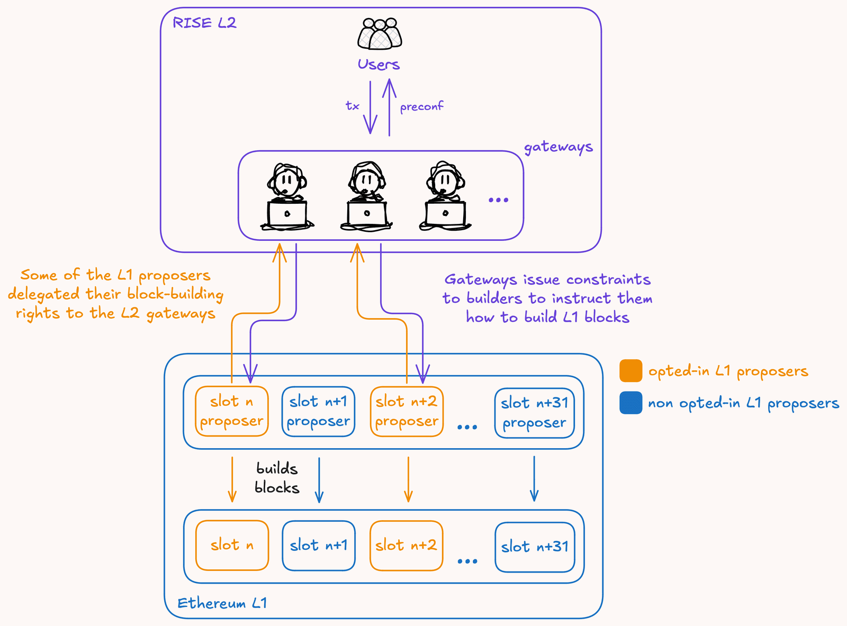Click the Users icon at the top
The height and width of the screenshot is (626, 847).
coord(380,34)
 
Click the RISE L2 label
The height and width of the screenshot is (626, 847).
coord(204,23)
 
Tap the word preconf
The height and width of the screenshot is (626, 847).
coord(421,107)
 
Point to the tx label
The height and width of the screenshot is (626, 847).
coord(353,106)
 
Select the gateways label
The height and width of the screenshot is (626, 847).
coord(558,147)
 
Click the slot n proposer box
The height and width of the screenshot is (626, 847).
coord(232,411)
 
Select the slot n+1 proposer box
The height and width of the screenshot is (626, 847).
coord(318,411)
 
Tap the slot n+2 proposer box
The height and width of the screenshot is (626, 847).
coord(407,411)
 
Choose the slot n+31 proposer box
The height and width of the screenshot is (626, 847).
coord(534,413)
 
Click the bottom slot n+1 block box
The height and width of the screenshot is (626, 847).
coord(318,546)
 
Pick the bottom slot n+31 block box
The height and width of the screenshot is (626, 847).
coord(535,547)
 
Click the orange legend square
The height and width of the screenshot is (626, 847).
coord(630,371)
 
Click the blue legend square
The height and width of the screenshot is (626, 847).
coord(630,403)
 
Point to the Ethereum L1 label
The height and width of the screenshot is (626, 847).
coord(222,603)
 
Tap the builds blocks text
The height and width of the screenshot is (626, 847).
coord(277,478)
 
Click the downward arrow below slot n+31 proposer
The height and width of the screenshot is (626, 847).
coord(534,478)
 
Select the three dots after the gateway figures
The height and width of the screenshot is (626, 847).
coord(498,200)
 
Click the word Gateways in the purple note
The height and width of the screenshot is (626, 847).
coord(481,280)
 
